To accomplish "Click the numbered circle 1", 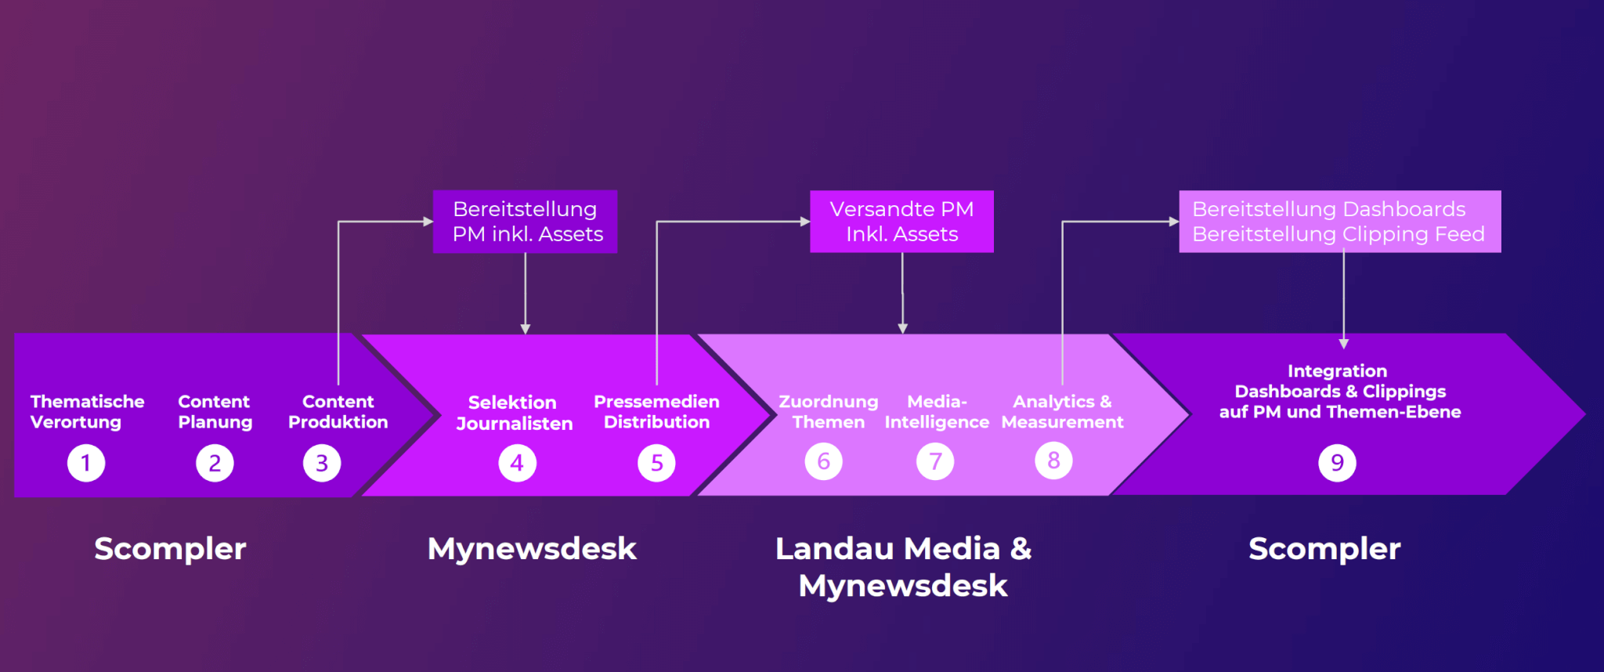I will point(86,463).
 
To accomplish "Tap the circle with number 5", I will point(656,463).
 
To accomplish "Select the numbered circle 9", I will point(1337,463).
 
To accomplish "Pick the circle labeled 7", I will point(935,461).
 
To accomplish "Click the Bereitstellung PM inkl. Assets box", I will point(525,222).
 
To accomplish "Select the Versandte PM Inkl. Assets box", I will point(901,222).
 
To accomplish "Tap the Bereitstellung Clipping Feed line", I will point(1338,234).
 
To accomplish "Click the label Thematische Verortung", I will point(87,412).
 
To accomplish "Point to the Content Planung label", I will point(215,412).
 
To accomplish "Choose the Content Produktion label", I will point(338,412).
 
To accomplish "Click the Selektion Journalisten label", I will point(514,413).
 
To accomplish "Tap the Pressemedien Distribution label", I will point(656,412).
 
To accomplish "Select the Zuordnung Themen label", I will point(828,412).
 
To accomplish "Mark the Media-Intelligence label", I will point(937,412).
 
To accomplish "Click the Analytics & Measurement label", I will point(1062,412).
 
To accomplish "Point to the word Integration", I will point(1337,371).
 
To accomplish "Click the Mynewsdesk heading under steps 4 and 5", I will point(532,549).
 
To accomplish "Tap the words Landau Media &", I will point(903,549).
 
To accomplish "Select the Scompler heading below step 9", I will point(1324,549).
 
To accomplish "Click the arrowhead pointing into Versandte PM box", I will point(805,222).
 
